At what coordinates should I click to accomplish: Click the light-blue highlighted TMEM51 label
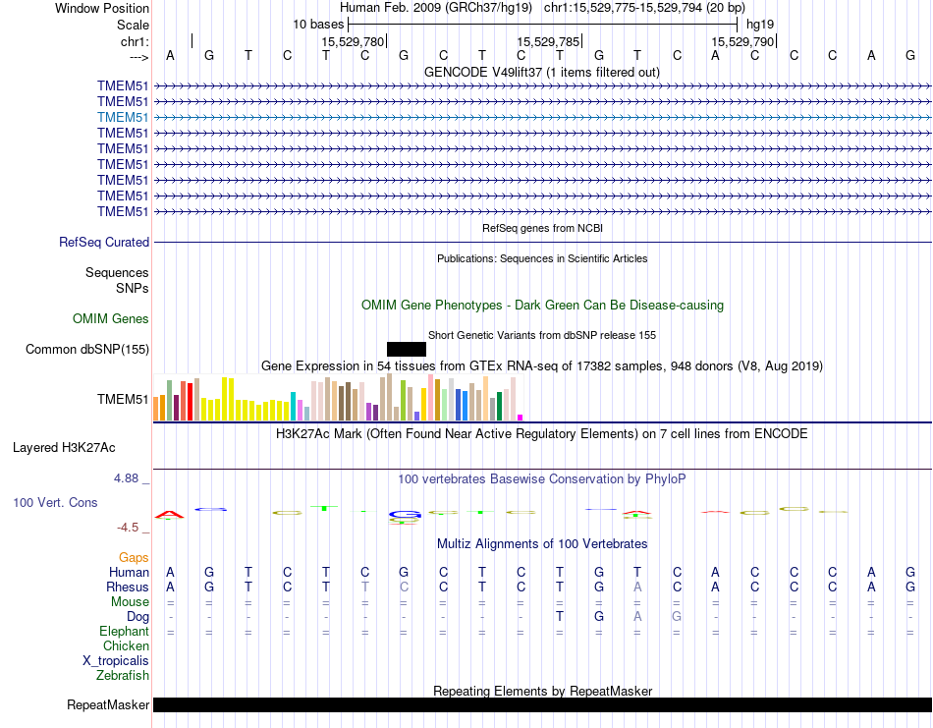[x=123, y=117]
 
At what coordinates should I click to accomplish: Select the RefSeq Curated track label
[x=104, y=242]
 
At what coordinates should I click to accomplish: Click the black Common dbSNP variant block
[x=407, y=349]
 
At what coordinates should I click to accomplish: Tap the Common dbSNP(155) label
[x=87, y=349]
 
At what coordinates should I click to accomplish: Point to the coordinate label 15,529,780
[x=353, y=41]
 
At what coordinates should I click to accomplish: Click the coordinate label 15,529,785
[x=548, y=41]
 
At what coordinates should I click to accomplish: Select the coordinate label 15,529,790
[x=743, y=41]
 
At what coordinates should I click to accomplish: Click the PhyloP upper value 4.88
[x=127, y=478]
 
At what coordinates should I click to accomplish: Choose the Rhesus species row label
[x=127, y=587]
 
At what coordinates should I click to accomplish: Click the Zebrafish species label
[x=123, y=675]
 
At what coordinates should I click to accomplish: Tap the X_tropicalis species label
[x=116, y=660]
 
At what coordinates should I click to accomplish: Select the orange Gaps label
[x=134, y=557]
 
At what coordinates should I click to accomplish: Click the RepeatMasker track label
[x=108, y=704]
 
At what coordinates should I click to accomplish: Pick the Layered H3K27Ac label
[x=64, y=447]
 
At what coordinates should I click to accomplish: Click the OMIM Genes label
[x=111, y=318]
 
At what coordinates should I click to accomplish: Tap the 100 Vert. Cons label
[x=55, y=502]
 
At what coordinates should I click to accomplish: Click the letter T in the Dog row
[x=559, y=616]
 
